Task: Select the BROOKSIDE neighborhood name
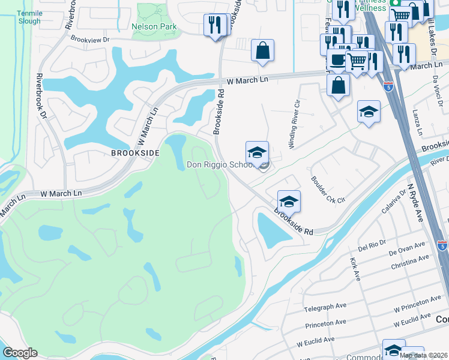(135, 153)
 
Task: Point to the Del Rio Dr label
(371, 246)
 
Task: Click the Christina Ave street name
(410, 262)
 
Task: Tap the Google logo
(20, 353)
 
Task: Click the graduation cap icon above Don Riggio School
(257, 152)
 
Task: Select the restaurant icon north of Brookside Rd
(214, 26)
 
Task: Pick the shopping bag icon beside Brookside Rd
(262, 51)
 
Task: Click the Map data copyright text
(424, 355)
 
